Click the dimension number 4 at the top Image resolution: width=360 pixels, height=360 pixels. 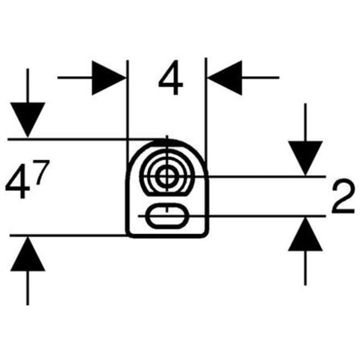pyautogui.click(x=170, y=77)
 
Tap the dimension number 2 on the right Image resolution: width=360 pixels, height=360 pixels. pyautogui.click(x=343, y=196)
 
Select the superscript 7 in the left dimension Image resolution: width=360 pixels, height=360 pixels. pyautogui.click(x=42, y=172)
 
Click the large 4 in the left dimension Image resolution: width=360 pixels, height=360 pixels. pyautogui.click(x=18, y=181)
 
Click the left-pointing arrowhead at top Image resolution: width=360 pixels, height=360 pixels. pyautogui.click(x=225, y=78)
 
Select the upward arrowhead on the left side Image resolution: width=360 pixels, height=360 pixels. pyautogui.click(x=27, y=254)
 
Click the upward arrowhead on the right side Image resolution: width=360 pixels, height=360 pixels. pyautogui.click(x=305, y=234)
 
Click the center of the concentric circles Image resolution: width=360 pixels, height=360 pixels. pyautogui.click(x=167, y=176)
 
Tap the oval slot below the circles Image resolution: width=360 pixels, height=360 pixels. pyautogui.click(x=167, y=216)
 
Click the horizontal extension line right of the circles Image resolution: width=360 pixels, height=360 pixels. pyautogui.click(x=266, y=176)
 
